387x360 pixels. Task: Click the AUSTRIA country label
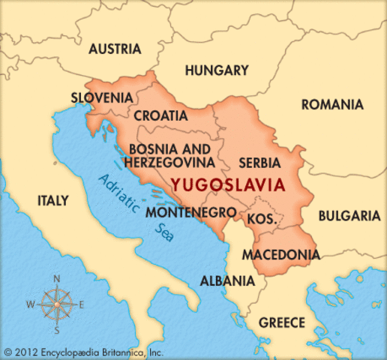[x=115, y=49]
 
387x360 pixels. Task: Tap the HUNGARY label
[x=216, y=70]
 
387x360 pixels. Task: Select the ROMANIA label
[x=332, y=104]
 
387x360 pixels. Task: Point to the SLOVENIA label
[x=102, y=97]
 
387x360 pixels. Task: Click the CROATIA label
[x=160, y=115]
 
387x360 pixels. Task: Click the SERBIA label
[x=259, y=162]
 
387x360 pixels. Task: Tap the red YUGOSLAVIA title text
[x=227, y=184]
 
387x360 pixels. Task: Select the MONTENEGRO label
[x=190, y=212]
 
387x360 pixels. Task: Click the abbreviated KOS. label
[x=262, y=220]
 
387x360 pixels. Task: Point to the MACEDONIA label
[x=280, y=254]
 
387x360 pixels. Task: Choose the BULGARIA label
[x=349, y=215]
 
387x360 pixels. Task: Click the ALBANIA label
[x=226, y=281]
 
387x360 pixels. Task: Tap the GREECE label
[x=282, y=322]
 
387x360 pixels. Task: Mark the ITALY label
[x=52, y=201]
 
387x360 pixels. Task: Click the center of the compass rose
[x=56, y=304]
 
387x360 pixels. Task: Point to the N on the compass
[x=56, y=278]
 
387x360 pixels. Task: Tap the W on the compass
[x=30, y=304]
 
